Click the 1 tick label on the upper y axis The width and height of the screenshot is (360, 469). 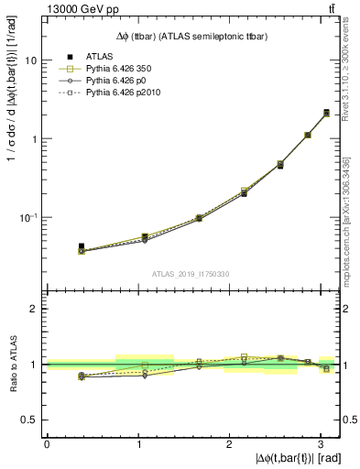[35, 139]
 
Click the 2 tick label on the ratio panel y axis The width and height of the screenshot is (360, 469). [35, 309]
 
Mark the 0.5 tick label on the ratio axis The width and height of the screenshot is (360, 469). [30, 420]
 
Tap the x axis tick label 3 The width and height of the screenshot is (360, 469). [320, 444]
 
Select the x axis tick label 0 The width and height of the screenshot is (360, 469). [47, 444]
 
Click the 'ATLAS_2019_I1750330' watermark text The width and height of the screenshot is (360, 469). [191, 274]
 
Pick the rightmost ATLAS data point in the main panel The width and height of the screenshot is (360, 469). [326, 114]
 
